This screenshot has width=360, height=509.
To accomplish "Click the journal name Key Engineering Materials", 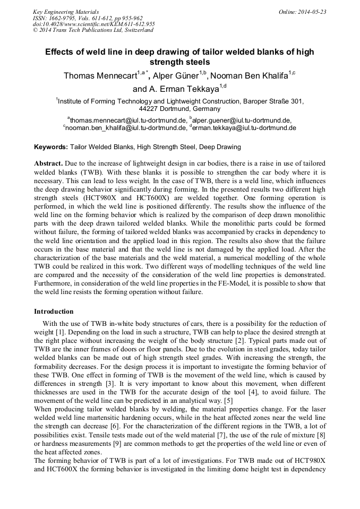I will (x=65, y=11).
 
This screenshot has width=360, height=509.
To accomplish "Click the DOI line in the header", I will (x=93, y=24).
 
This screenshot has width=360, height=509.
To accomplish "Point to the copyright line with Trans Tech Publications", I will (x=93, y=30).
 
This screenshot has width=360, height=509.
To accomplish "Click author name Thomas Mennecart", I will (x=99, y=76).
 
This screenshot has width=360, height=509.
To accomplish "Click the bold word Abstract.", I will (x=49, y=163).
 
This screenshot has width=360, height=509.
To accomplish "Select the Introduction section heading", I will (x=54, y=311).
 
